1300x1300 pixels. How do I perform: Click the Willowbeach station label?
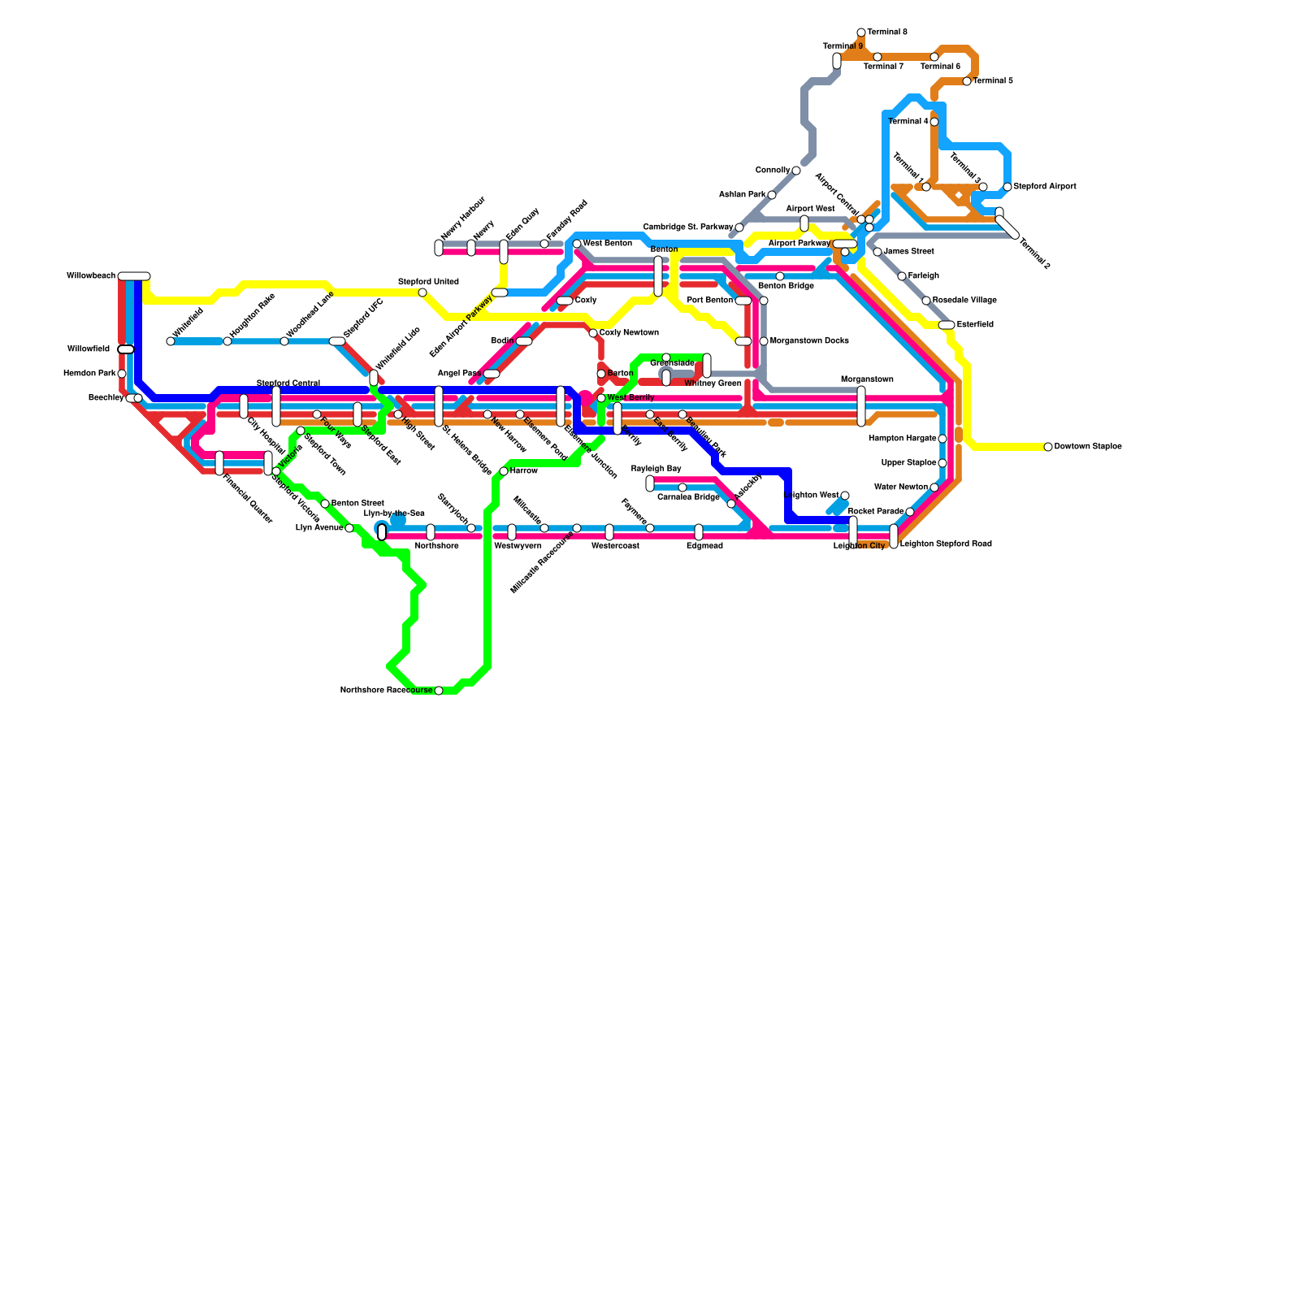[x=91, y=276]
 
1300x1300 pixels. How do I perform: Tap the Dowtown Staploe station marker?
[x=1048, y=447]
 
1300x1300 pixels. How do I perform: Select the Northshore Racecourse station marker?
[x=439, y=691]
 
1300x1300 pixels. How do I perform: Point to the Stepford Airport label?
[x=1045, y=187]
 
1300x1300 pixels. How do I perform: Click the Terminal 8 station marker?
[x=861, y=32]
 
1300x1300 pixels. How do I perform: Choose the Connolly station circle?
[x=796, y=171]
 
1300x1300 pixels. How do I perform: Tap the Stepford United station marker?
[x=422, y=292]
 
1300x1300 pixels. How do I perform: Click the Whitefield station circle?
[x=171, y=341]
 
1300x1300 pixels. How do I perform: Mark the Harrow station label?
[x=524, y=471]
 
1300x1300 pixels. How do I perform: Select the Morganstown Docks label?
[x=809, y=341]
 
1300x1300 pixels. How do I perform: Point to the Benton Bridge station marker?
[x=780, y=276]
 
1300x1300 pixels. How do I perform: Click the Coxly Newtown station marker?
[x=593, y=333]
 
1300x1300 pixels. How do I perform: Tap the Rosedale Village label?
[x=964, y=301]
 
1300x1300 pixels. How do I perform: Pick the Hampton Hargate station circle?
[x=942, y=439]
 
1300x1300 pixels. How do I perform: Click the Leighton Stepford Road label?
[x=946, y=544]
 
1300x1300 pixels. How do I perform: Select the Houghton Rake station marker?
[x=227, y=341]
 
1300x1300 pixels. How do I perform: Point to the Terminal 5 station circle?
[x=967, y=81]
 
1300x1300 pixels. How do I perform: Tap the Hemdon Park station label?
[x=89, y=374]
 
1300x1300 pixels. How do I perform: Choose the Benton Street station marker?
[x=325, y=504]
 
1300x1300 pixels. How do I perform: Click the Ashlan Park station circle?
[x=772, y=195]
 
